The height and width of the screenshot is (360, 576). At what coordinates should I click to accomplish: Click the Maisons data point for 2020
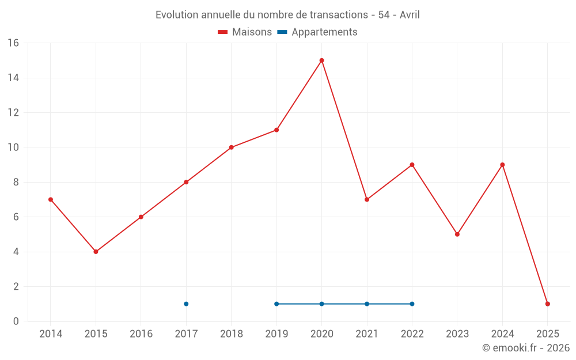tap(321, 60)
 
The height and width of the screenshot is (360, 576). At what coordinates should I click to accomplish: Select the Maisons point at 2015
tap(96, 252)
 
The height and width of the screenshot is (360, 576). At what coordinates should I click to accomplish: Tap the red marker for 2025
tap(547, 304)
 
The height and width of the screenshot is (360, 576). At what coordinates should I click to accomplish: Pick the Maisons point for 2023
tap(457, 234)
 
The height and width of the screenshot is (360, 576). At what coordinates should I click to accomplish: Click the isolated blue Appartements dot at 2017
tap(186, 304)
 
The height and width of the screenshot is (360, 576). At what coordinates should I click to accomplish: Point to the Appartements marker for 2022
tap(412, 304)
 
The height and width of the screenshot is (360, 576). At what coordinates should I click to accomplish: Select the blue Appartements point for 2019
tap(276, 304)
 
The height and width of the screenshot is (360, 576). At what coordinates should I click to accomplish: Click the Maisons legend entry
tap(245, 32)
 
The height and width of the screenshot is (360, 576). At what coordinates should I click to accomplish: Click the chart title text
tap(287, 14)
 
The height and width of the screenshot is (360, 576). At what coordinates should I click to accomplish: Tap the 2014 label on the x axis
tap(51, 334)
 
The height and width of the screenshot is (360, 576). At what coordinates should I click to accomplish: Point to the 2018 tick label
tap(231, 334)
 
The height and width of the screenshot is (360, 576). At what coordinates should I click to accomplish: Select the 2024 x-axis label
tap(502, 334)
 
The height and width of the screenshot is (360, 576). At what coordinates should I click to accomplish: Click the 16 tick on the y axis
tap(13, 43)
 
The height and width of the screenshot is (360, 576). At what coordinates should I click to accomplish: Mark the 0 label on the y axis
tap(16, 321)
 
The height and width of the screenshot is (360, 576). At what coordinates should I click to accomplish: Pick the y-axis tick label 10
tap(13, 147)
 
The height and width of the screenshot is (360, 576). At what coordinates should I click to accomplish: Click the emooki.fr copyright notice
tap(525, 348)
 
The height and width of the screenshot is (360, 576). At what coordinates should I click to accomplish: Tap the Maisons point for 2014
tap(51, 199)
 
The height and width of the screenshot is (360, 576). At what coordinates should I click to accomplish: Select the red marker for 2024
tap(502, 165)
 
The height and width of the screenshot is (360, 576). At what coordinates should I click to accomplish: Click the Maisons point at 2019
tap(276, 130)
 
